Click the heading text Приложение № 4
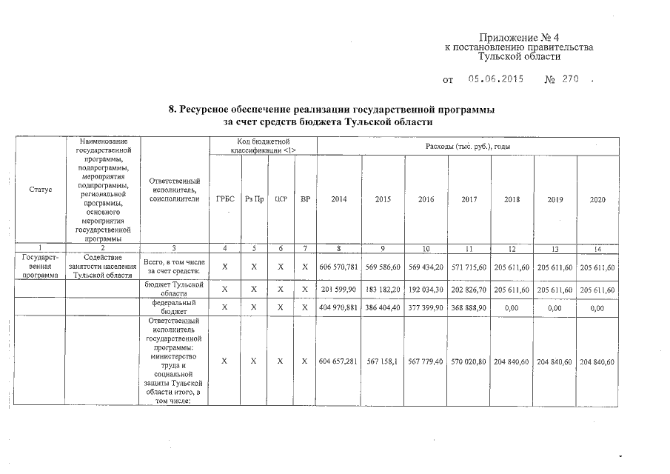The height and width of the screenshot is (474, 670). pos(517,37)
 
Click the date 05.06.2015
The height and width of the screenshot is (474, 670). pos(496,79)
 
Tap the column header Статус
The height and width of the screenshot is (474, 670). pos(41,190)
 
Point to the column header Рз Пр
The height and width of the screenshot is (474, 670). pos(254,199)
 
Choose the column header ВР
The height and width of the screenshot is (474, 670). pos(304,199)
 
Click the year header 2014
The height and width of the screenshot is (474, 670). pos(339,199)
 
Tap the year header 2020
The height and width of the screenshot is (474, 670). pos(597,199)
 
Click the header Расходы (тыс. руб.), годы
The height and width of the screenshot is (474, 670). pos(468,146)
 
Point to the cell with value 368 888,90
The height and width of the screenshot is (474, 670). pos(469,307)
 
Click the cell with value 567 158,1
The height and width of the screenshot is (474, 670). pos(383,361)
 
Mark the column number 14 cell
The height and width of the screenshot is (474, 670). pos(597,248)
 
